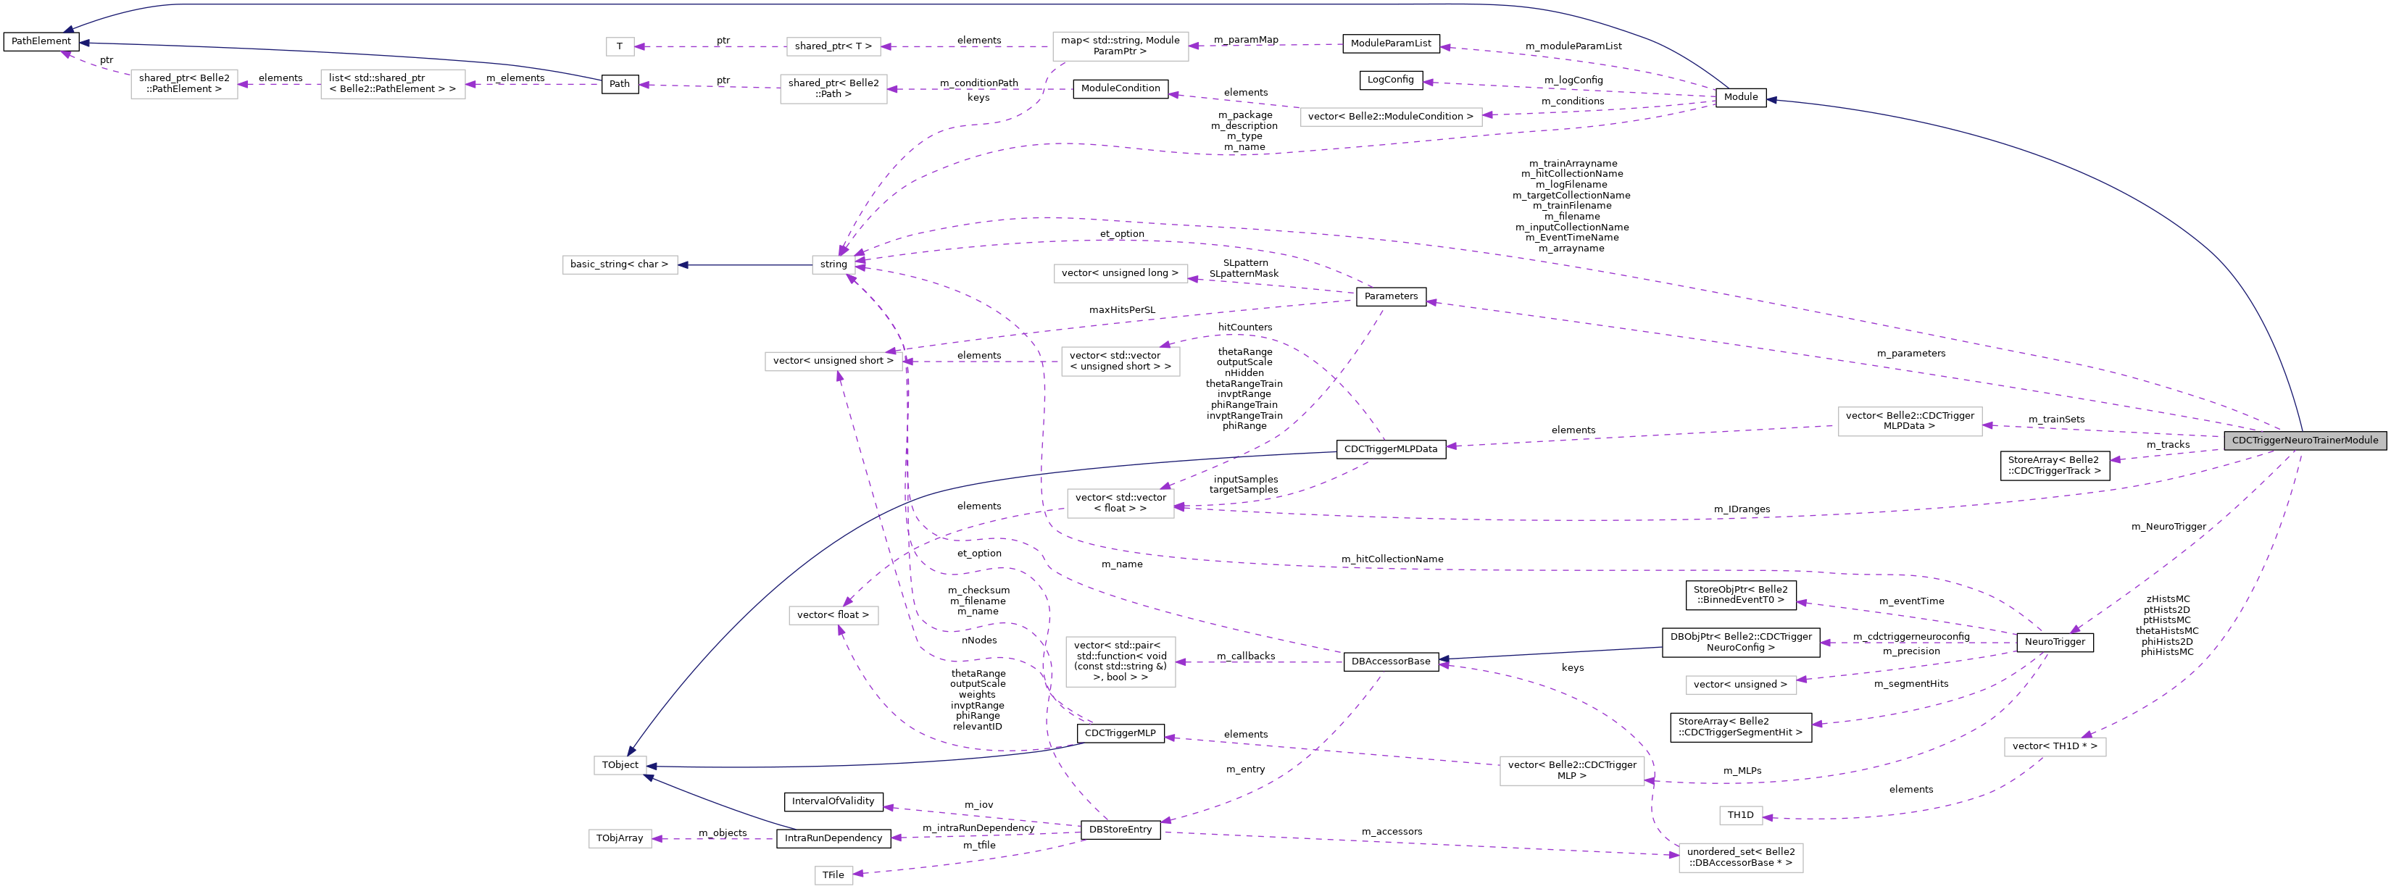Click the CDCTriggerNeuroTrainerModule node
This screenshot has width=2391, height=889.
pos(2305,440)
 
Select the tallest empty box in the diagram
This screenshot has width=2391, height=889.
pos(1120,661)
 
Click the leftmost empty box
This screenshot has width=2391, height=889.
pos(184,85)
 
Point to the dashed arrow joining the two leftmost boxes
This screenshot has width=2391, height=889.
pos(279,85)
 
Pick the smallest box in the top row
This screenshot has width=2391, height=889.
pos(620,46)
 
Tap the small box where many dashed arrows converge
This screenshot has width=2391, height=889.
pos(833,265)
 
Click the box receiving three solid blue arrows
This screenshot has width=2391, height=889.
pos(620,766)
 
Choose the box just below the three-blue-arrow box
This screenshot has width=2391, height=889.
pos(620,839)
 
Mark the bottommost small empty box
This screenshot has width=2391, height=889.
pos(833,875)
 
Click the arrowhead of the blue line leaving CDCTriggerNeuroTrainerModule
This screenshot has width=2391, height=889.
pos(1772,100)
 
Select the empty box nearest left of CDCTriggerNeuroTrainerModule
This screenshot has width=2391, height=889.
pos(1910,421)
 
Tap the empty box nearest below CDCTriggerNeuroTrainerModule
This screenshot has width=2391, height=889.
pos(2055,747)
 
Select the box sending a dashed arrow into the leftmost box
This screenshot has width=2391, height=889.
pos(393,85)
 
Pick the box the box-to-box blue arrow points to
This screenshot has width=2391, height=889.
pos(620,265)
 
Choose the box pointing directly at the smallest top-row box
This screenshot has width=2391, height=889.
pos(833,46)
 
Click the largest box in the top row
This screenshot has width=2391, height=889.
pos(1120,46)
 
